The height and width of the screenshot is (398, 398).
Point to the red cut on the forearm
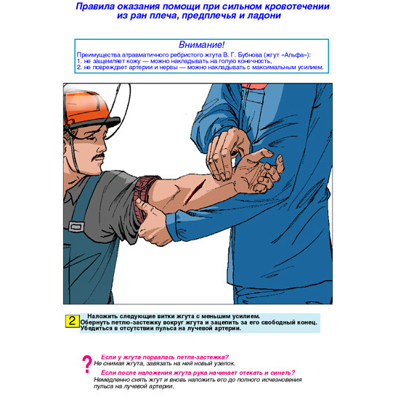click(195, 192)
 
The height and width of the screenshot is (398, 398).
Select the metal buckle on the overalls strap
click(77, 227)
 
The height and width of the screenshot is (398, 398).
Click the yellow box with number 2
click(73, 321)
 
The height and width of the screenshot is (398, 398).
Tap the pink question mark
click(87, 364)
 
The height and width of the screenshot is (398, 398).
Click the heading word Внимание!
click(201, 45)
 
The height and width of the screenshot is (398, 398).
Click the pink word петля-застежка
click(203, 357)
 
